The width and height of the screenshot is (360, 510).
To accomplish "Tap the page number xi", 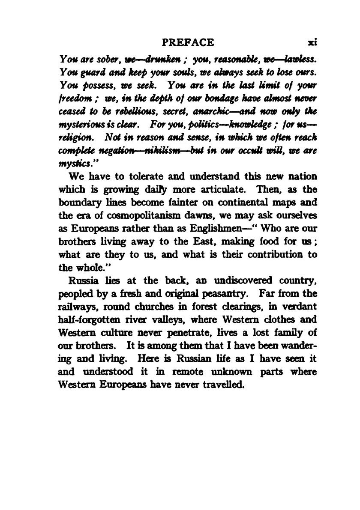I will [x=312, y=42].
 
